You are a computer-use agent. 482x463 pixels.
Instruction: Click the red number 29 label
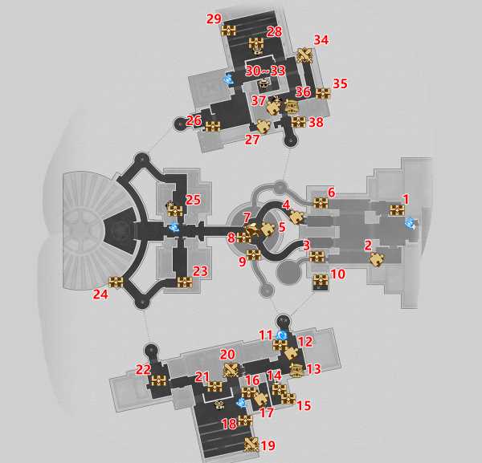(x=214, y=18)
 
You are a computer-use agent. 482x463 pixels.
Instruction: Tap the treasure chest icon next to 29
(x=229, y=30)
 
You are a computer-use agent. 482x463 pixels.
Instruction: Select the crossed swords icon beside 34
(x=304, y=55)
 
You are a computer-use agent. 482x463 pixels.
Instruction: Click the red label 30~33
(x=265, y=71)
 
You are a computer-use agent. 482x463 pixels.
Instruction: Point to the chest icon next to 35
(x=323, y=93)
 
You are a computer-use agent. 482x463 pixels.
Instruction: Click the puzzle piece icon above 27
(x=263, y=126)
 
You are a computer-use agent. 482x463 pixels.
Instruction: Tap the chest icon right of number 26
(x=213, y=127)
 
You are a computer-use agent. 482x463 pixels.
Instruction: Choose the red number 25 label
(x=193, y=200)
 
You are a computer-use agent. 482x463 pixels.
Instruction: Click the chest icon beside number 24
(x=116, y=282)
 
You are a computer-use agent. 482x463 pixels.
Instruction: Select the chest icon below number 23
(x=185, y=282)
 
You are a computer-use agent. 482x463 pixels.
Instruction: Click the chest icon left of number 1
(x=397, y=210)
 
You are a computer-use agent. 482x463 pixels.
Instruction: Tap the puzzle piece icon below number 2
(x=377, y=260)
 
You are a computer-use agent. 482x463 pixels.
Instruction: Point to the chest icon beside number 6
(x=321, y=203)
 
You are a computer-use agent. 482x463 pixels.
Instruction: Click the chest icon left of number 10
(x=321, y=280)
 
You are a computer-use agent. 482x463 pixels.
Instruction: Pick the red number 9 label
(x=243, y=262)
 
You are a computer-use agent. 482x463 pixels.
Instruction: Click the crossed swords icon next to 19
(x=251, y=445)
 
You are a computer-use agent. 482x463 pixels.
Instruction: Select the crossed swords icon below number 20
(x=231, y=370)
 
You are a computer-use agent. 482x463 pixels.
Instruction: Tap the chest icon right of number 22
(x=158, y=381)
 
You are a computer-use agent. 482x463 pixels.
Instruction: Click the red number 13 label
(x=313, y=369)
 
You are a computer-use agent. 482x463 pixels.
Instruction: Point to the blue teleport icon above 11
(x=281, y=335)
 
